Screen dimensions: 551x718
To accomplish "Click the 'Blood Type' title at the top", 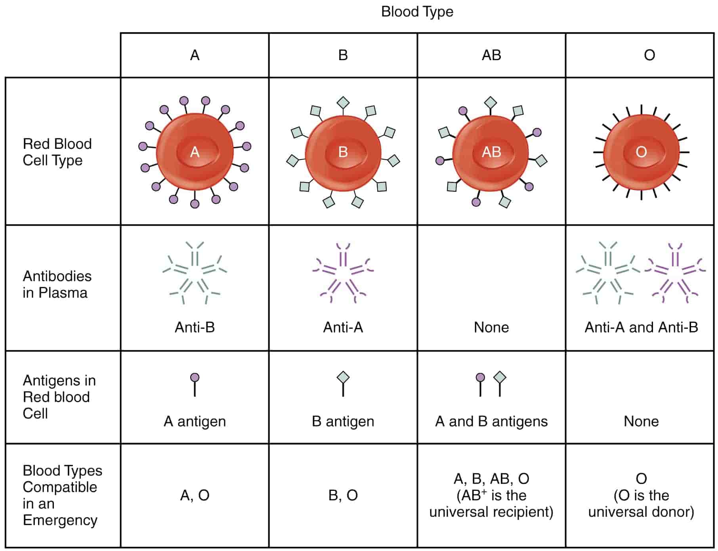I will click(x=417, y=11).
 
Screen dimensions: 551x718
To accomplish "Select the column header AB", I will click(x=491, y=55).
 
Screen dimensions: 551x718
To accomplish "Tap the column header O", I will click(x=649, y=55).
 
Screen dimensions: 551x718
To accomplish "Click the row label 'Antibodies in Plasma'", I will click(x=57, y=284).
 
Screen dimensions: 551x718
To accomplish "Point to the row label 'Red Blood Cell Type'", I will click(x=57, y=152).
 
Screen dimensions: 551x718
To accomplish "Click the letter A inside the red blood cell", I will click(x=195, y=152).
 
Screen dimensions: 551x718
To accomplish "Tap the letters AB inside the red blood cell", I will click(x=491, y=152).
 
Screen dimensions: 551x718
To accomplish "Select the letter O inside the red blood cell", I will click(x=641, y=152).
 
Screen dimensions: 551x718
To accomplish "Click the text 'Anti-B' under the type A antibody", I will click(x=195, y=327).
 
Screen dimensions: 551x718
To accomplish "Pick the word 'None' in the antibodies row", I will click(x=491, y=327).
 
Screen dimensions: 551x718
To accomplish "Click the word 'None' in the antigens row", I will click(x=641, y=421).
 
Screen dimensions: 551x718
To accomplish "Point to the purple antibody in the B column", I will click(x=343, y=273).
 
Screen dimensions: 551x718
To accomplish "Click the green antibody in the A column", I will click(x=195, y=273).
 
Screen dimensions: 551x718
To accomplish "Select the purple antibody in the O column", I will click(x=675, y=273).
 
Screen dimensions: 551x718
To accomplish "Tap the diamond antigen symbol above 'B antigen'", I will click(x=343, y=378).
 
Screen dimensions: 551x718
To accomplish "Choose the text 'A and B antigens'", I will click(x=491, y=421).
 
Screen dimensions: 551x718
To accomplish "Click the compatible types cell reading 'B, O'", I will click(x=343, y=495).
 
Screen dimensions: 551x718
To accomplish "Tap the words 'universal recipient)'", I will click(x=491, y=512).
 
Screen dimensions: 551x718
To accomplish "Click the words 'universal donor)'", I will click(x=641, y=512).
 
